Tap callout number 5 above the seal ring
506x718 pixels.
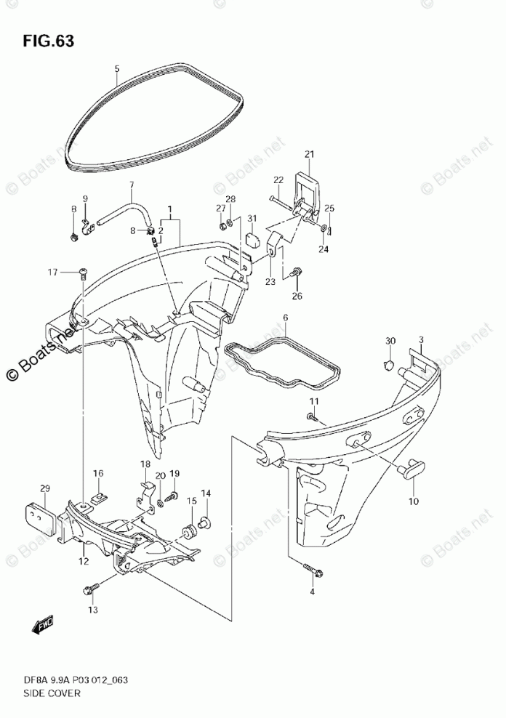pos(116,70)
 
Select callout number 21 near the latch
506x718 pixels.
pos(308,154)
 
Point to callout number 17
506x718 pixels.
pos(52,273)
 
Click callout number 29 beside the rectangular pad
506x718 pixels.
pos(44,488)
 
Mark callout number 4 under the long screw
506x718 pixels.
pos(313,592)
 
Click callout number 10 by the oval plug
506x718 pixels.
pos(412,501)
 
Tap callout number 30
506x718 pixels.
pos(390,341)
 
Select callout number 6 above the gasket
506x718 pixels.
pos(285,318)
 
